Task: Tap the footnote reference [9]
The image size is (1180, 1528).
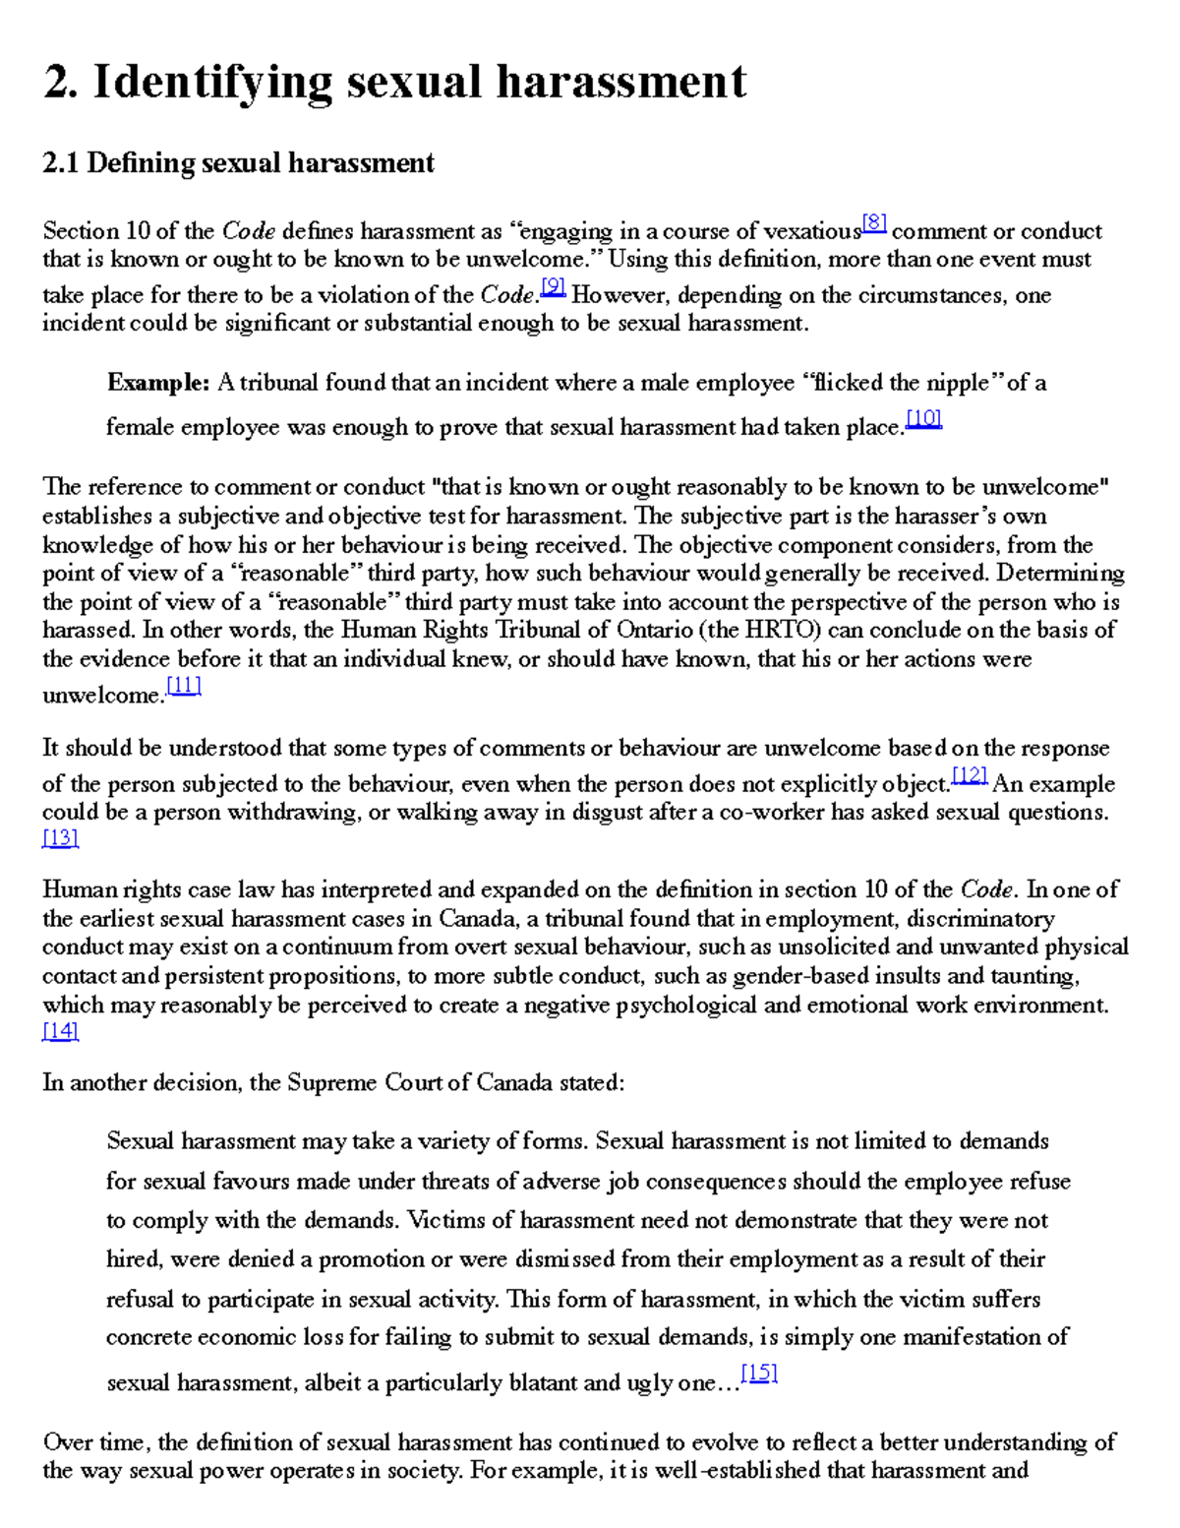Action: [x=553, y=286]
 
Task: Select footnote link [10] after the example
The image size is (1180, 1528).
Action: [x=923, y=419]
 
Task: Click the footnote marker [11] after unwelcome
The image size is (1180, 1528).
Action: [x=184, y=687]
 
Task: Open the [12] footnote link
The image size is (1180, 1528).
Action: [x=970, y=776]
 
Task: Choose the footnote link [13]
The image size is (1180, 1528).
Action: [x=60, y=838]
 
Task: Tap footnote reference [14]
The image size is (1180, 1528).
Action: [x=60, y=1031]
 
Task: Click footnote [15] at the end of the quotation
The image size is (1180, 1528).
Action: [x=759, y=1374]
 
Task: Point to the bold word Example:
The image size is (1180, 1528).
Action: [x=158, y=383]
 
